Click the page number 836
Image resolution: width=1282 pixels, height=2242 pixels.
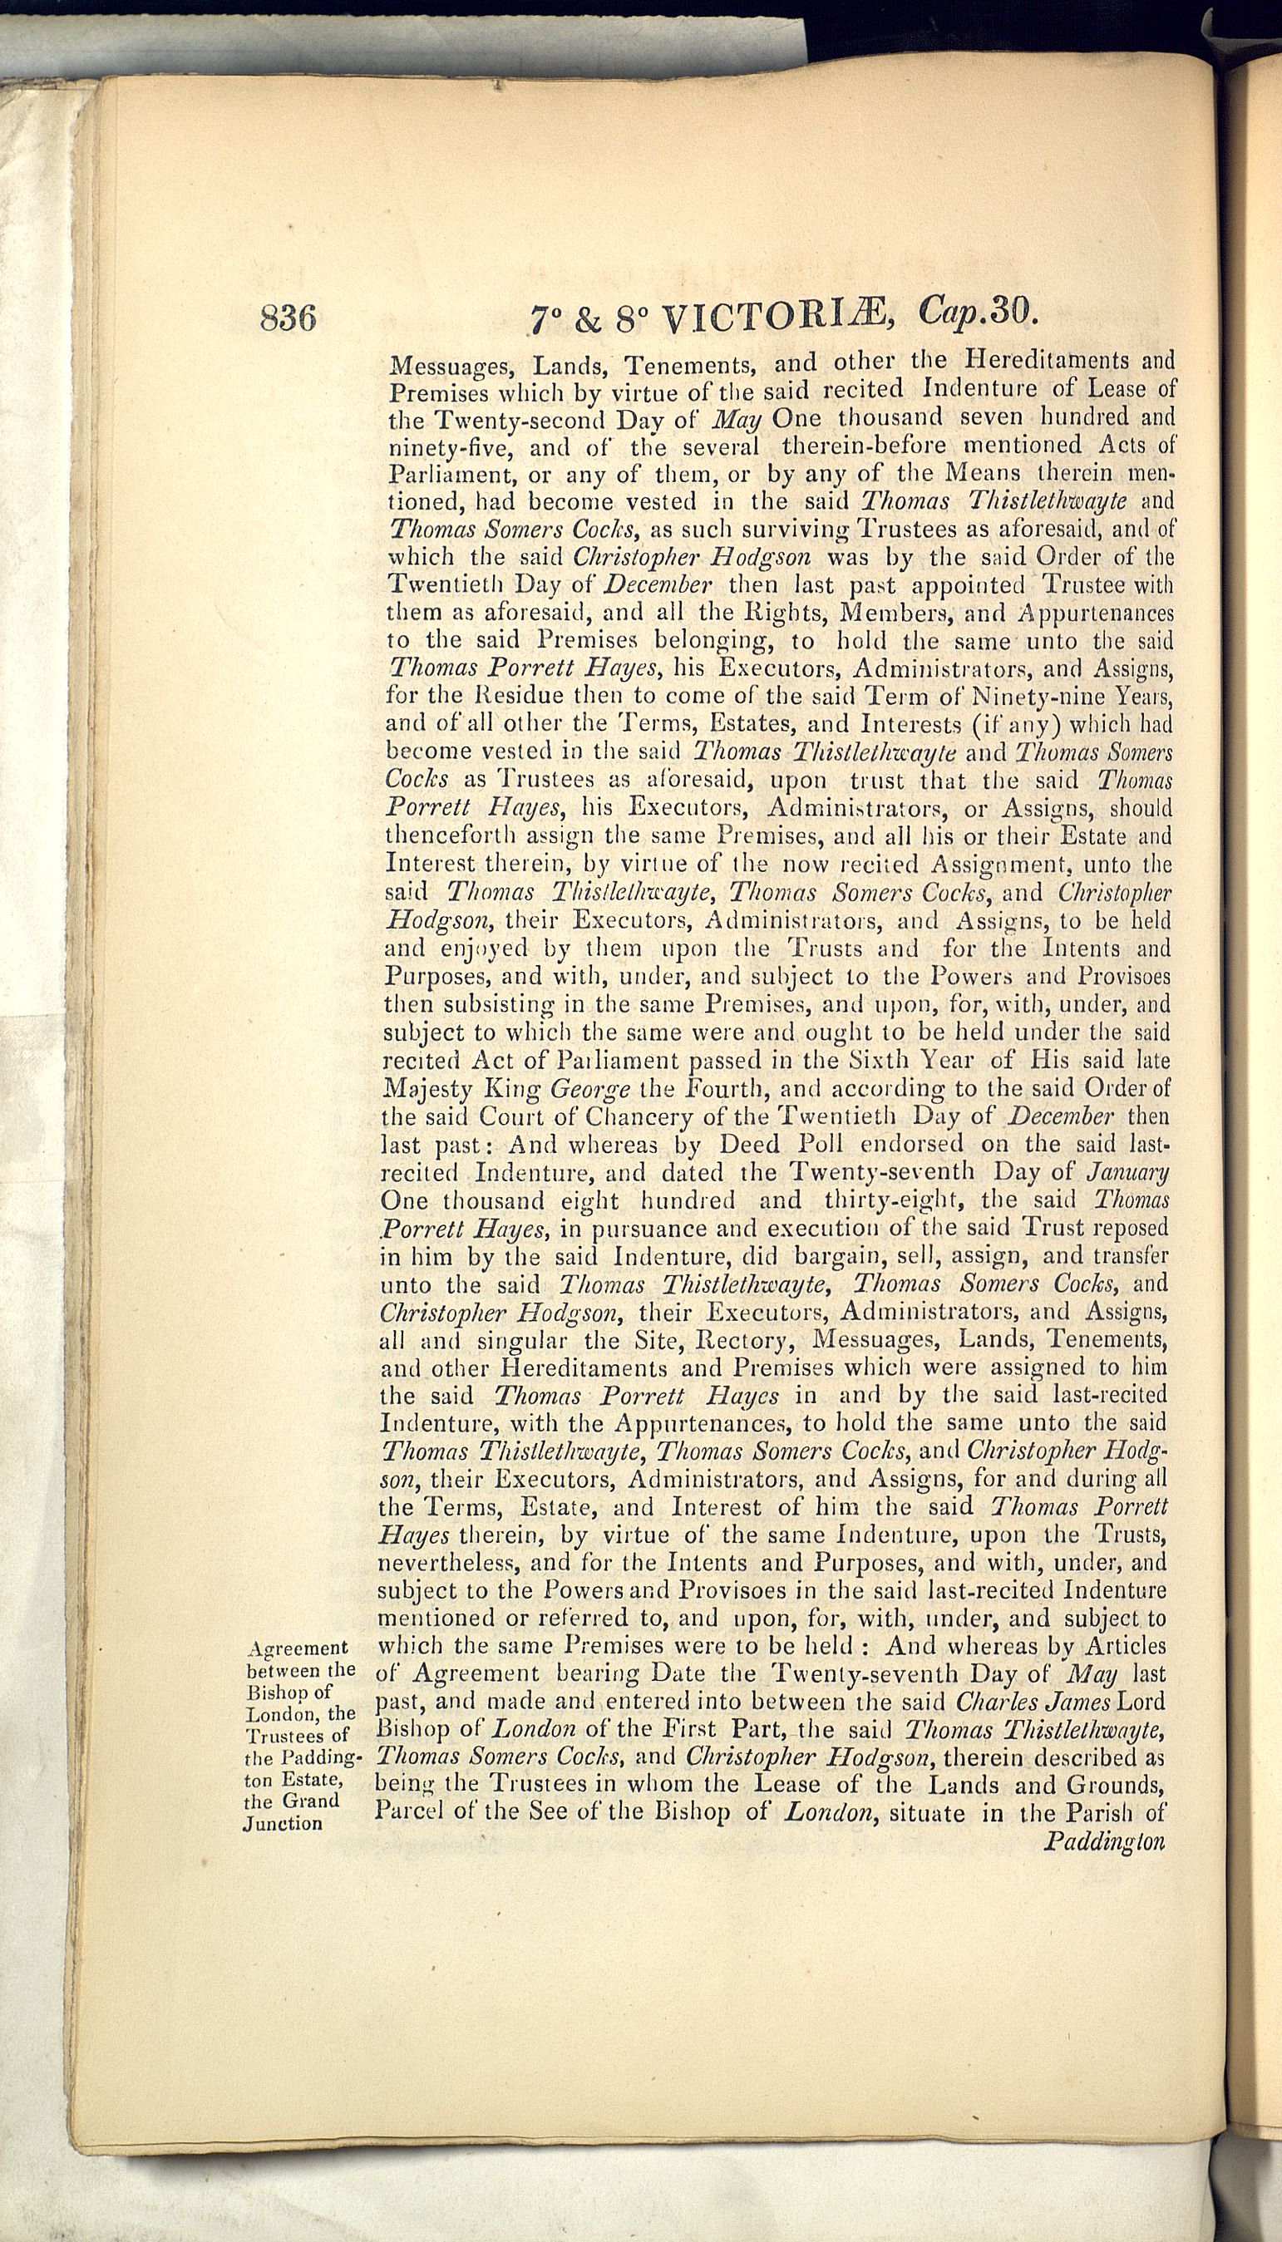[288, 318]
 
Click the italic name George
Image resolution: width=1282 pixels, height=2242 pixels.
[590, 1089]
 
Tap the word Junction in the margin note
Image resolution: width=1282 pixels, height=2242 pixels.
[282, 1822]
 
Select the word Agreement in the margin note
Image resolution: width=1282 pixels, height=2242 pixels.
[298, 1648]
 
